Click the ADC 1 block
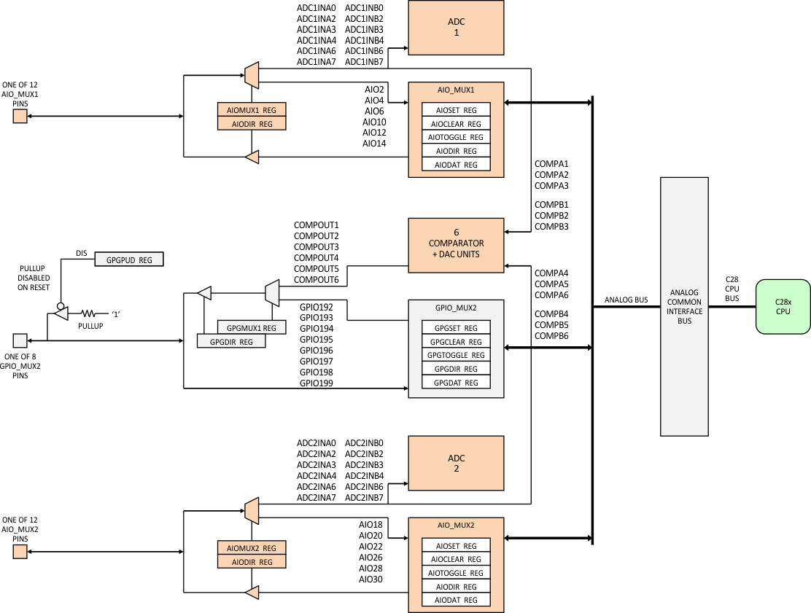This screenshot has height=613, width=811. pyautogui.click(x=456, y=27)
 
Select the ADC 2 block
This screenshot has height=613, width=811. pyautogui.click(x=456, y=463)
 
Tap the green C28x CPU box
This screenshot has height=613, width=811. pyautogui.click(x=783, y=306)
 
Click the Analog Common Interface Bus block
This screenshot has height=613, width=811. pyautogui.click(x=684, y=306)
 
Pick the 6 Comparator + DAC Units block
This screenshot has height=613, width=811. pyautogui.click(x=456, y=245)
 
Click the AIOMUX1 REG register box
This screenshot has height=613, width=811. pyautogui.click(x=252, y=109)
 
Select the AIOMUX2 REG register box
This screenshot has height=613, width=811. pyautogui.click(x=252, y=548)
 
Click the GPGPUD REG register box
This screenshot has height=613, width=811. pyautogui.click(x=129, y=259)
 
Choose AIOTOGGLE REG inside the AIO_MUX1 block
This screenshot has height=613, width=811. pyautogui.click(x=456, y=137)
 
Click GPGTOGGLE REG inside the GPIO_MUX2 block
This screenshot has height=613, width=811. pyautogui.click(x=456, y=355)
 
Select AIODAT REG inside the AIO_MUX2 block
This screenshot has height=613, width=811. pyautogui.click(x=456, y=600)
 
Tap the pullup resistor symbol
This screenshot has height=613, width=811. pyautogui.click(x=92, y=314)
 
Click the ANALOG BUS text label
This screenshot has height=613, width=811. pyautogui.click(x=626, y=300)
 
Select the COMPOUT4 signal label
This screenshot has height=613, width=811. pyautogui.click(x=317, y=258)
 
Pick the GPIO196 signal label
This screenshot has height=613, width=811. pyautogui.click(x=317, y=351)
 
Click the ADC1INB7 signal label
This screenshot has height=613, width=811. pyautogui.click(x=364, y=62)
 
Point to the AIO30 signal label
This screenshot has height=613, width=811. pyautogui.click(x=370, y=579)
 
